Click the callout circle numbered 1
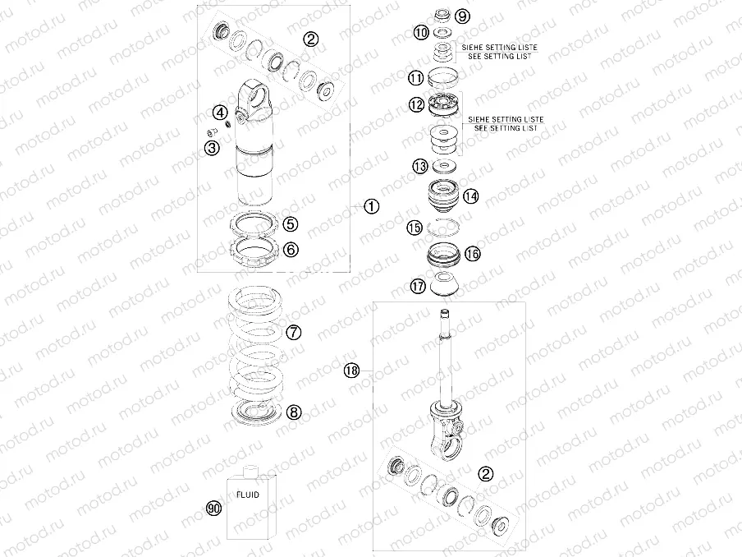click(x=372, y=206)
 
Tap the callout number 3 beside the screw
click(x=212, y=148)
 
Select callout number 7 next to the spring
click(x=294, y=332)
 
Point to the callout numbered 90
click(x=214, y=509)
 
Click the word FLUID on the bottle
click(x=248, y=495)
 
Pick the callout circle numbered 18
click(x=351, y=370)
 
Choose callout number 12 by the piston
click(x=416, y=104)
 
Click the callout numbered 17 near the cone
click(x=418, y=286)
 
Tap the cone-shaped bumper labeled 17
click(x=443, y=285)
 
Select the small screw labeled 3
click(x=212, y=131)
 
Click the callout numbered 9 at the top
click(x=462, y=16)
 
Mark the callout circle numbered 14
click(x=471, y=196)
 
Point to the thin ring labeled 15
click(x=443, y=228)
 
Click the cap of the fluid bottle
click(x=250, y=471)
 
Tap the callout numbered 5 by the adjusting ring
click(x=290, y=224)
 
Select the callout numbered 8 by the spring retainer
click(x=294, y=412)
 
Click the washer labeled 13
click(x=444, y=166)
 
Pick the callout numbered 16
click(x=472, y=254)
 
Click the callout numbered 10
click(x=421, y=32)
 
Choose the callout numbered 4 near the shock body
click(x=220, y=113)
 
